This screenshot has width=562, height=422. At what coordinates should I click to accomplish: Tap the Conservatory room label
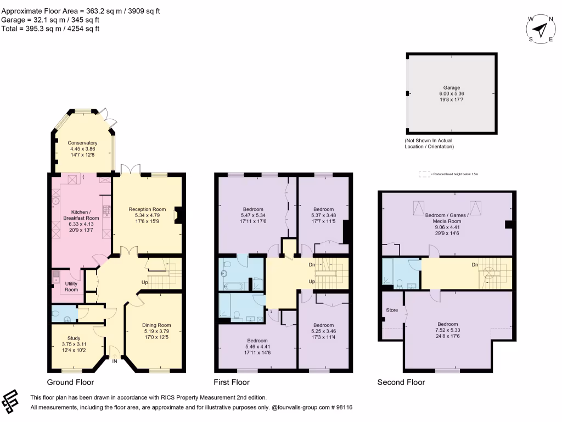pyautogui.click(x=82, y=143)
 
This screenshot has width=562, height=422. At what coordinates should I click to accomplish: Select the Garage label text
pyautogui.click(x=452, y=87)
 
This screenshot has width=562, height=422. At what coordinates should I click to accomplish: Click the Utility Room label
pyautogui.click(x=71, y=286)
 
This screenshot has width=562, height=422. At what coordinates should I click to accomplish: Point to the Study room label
pyautogui.click(x=74, y=338)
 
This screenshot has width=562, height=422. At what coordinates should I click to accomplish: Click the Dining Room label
pyautogui.click(x=156, y=325)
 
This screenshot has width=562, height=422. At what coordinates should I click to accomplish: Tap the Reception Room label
pyautogui.click(x=147, y=209)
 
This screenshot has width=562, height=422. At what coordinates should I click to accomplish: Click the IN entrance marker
pyautogui.click(x=115, y=362)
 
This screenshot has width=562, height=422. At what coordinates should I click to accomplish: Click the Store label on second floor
pyautogui.click(x=392, y=310)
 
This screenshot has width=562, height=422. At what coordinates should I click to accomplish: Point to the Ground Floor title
pyautogui.click(x=70, y=382)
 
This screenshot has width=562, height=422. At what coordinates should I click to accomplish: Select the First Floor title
pyautogui.click(x=232, y=382)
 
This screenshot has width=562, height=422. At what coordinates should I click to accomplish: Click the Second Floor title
pyautogui.click(x=401, y=382)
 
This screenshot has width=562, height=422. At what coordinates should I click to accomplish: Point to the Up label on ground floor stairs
pyautogui.click(x=145, y=282)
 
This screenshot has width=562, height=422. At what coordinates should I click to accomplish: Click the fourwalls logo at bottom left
pyautogui.click(x=13, y=402)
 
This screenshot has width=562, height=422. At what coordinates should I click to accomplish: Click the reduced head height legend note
pyautogui.click(x=449, y=174)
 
